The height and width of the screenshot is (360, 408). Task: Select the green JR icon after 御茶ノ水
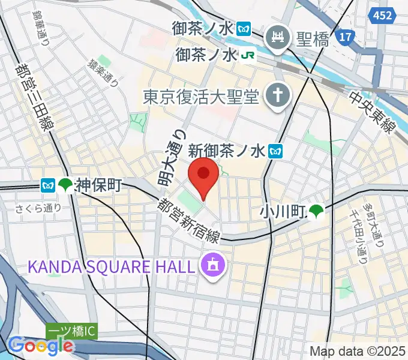click(x=248, y=56)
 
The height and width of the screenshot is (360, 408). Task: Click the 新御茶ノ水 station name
click(x=226, y=151)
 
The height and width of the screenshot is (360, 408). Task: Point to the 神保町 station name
click(x=98, y=185)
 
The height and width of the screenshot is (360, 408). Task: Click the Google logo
click(x=40, y=346)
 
